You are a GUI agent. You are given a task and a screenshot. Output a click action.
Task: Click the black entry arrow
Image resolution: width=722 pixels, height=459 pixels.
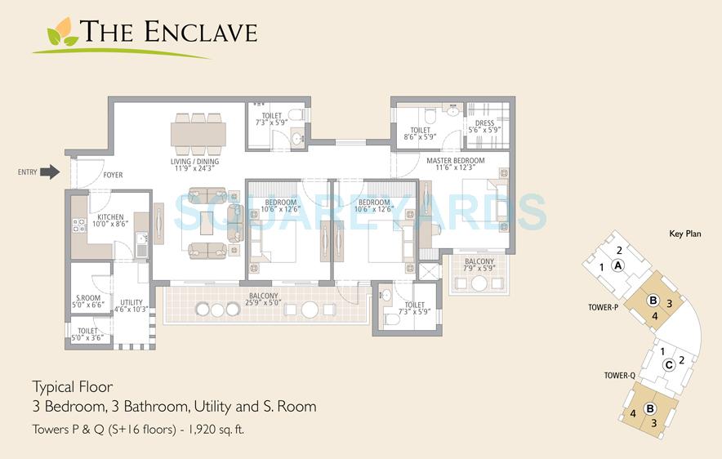[51, 172]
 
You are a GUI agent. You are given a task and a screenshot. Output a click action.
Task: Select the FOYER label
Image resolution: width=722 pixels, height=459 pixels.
[113, 176]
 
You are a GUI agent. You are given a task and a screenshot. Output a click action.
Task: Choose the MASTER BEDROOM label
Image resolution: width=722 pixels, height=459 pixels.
[455, 161]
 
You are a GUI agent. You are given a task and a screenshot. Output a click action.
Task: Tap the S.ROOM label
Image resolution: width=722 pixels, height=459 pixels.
[87, 298]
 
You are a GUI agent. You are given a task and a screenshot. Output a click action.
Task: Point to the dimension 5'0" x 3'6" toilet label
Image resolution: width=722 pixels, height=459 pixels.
[88, 337]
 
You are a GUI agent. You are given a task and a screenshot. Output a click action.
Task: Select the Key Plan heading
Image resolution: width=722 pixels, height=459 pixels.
[684, 233]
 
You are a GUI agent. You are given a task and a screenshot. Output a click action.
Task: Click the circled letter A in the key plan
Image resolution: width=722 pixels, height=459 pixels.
[618, 265]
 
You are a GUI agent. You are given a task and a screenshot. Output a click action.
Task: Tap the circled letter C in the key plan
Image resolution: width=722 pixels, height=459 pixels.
[668, 364]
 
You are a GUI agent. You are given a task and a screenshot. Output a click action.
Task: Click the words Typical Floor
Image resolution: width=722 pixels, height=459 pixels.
[72, 386]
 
